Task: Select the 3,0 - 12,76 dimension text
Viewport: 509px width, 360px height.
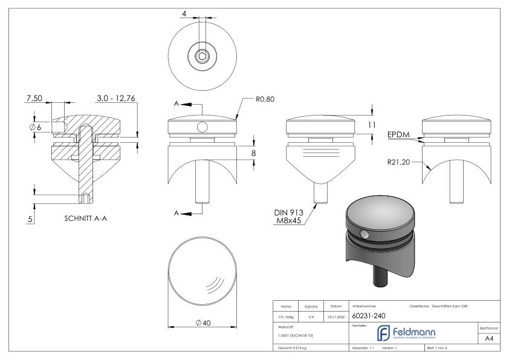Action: pos(116,97)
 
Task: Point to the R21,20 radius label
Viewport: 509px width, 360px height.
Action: pos(401,162)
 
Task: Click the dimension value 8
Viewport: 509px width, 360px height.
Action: pos(254,154)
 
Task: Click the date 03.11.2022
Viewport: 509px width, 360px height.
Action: pos(334,316)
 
